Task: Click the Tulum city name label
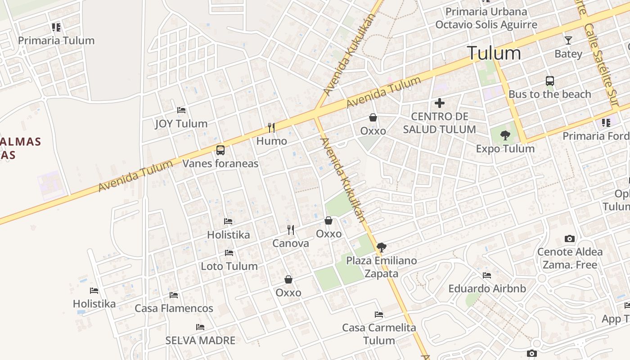(494, 53)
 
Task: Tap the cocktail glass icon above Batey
(568, 40)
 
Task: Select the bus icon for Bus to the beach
(549, 81)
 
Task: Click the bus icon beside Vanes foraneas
(220, 150)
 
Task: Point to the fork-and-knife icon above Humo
(271, 128)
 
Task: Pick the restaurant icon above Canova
(291, 230)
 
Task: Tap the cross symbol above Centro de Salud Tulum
(439, 103)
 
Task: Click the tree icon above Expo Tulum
(505, 135)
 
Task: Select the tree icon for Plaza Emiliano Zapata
(381, 247)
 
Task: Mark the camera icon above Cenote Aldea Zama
(569, 238)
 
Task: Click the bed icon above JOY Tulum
(181, 110)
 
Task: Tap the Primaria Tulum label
(56, 40)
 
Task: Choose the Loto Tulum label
(229, 266)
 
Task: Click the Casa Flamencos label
(174, 308)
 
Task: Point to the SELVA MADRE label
(200, 340)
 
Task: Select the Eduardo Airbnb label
(487, 288)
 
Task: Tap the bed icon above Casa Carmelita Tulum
(379, 314)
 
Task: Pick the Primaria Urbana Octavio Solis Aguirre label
(486, 18)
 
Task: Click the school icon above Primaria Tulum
(56, 27)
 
